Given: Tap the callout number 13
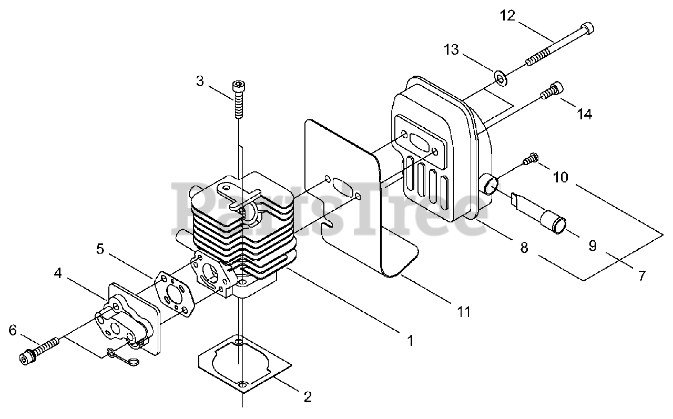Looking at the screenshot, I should (x=451, y=50).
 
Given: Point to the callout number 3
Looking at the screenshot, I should (x=200, y=81).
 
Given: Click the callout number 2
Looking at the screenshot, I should (x=308, y=397).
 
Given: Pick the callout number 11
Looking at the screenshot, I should (x=463, y=311).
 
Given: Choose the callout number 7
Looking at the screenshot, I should (x=641, y=275).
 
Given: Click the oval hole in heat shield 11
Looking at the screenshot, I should (x=342, y=188).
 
